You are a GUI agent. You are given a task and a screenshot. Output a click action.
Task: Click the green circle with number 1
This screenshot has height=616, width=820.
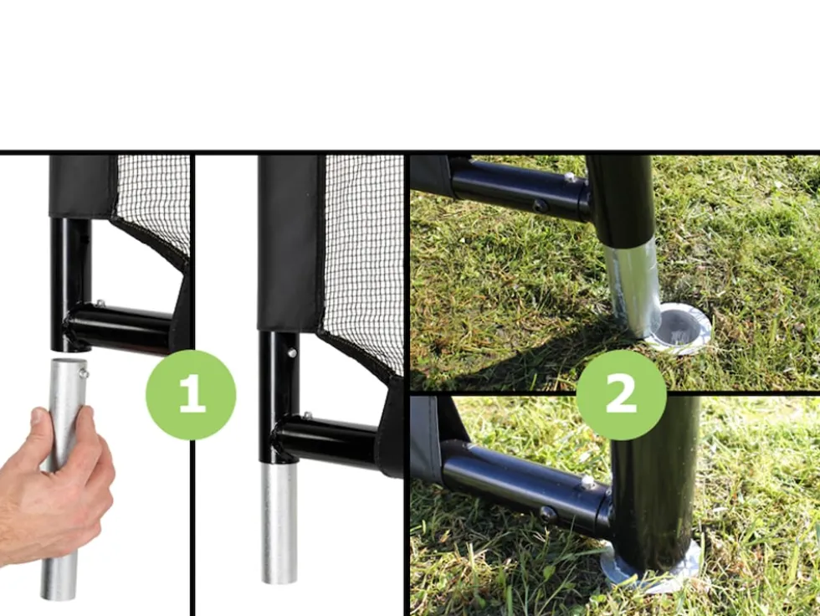click(x=191, y=395)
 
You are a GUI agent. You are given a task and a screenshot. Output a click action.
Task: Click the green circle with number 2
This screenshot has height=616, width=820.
click(x=621, y=395)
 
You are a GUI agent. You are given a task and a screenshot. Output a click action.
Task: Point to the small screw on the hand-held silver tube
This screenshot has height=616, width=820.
click(x=83, y=372)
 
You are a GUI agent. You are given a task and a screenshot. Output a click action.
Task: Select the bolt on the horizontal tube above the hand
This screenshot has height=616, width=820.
click(x=100, y=303)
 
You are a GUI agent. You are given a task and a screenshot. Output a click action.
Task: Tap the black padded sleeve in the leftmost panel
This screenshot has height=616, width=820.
click(x=83, y=186)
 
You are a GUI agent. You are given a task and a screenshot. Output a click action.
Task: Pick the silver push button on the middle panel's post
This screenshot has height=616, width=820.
click(x=292, y=353)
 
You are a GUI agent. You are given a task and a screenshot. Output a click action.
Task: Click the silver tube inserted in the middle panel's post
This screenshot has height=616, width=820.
click(x=279, y=523)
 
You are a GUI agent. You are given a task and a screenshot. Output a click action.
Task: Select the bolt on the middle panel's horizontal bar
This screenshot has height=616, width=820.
click(x=308, y=416)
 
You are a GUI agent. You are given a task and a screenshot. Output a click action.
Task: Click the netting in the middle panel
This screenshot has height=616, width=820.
click(x=364, y=261)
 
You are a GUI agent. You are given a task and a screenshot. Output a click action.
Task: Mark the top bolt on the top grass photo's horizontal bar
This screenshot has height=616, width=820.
click(x=570, y=178)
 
